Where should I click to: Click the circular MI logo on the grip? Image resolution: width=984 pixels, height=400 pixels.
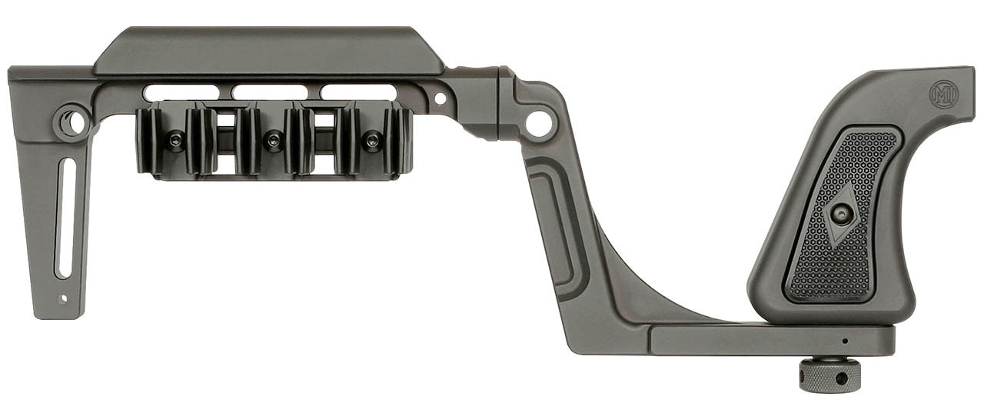point(944,95)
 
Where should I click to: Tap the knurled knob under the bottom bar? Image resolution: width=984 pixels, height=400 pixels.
point(829,374)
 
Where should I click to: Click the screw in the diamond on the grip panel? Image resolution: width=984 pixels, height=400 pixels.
point(842,215)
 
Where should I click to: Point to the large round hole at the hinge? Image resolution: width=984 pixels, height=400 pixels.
point(539,124)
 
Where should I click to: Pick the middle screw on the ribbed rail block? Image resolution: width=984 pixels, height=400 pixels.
point(274,141)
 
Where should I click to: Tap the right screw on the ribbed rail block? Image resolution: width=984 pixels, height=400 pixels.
point(373,141)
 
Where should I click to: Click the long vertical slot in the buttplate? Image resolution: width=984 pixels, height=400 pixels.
point(64,218)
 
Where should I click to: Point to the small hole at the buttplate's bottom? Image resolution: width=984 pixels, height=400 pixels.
point(62,299)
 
